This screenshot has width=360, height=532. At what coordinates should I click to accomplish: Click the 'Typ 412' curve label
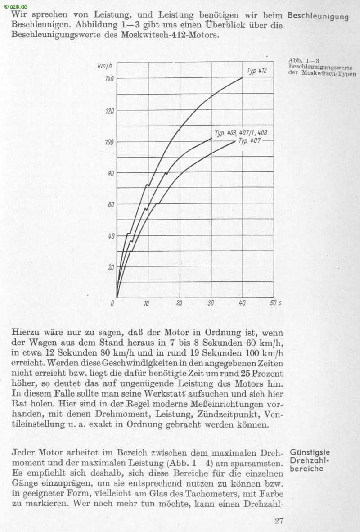(256, 71)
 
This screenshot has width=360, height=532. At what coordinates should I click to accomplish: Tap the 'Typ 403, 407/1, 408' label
(241, 133)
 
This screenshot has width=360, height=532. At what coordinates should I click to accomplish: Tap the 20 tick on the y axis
(111, 267)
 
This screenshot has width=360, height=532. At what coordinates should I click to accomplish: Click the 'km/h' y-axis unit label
(104, 66)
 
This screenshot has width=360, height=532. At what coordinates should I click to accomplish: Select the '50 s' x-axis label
(275, 303)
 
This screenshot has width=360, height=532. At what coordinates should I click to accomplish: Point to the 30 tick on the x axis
(211, 303)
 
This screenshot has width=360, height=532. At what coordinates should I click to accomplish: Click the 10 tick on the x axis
(147, 303)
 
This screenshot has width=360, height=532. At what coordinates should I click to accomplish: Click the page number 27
(279, 521)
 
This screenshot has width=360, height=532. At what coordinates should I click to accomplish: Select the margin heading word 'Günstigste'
(310, 452)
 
